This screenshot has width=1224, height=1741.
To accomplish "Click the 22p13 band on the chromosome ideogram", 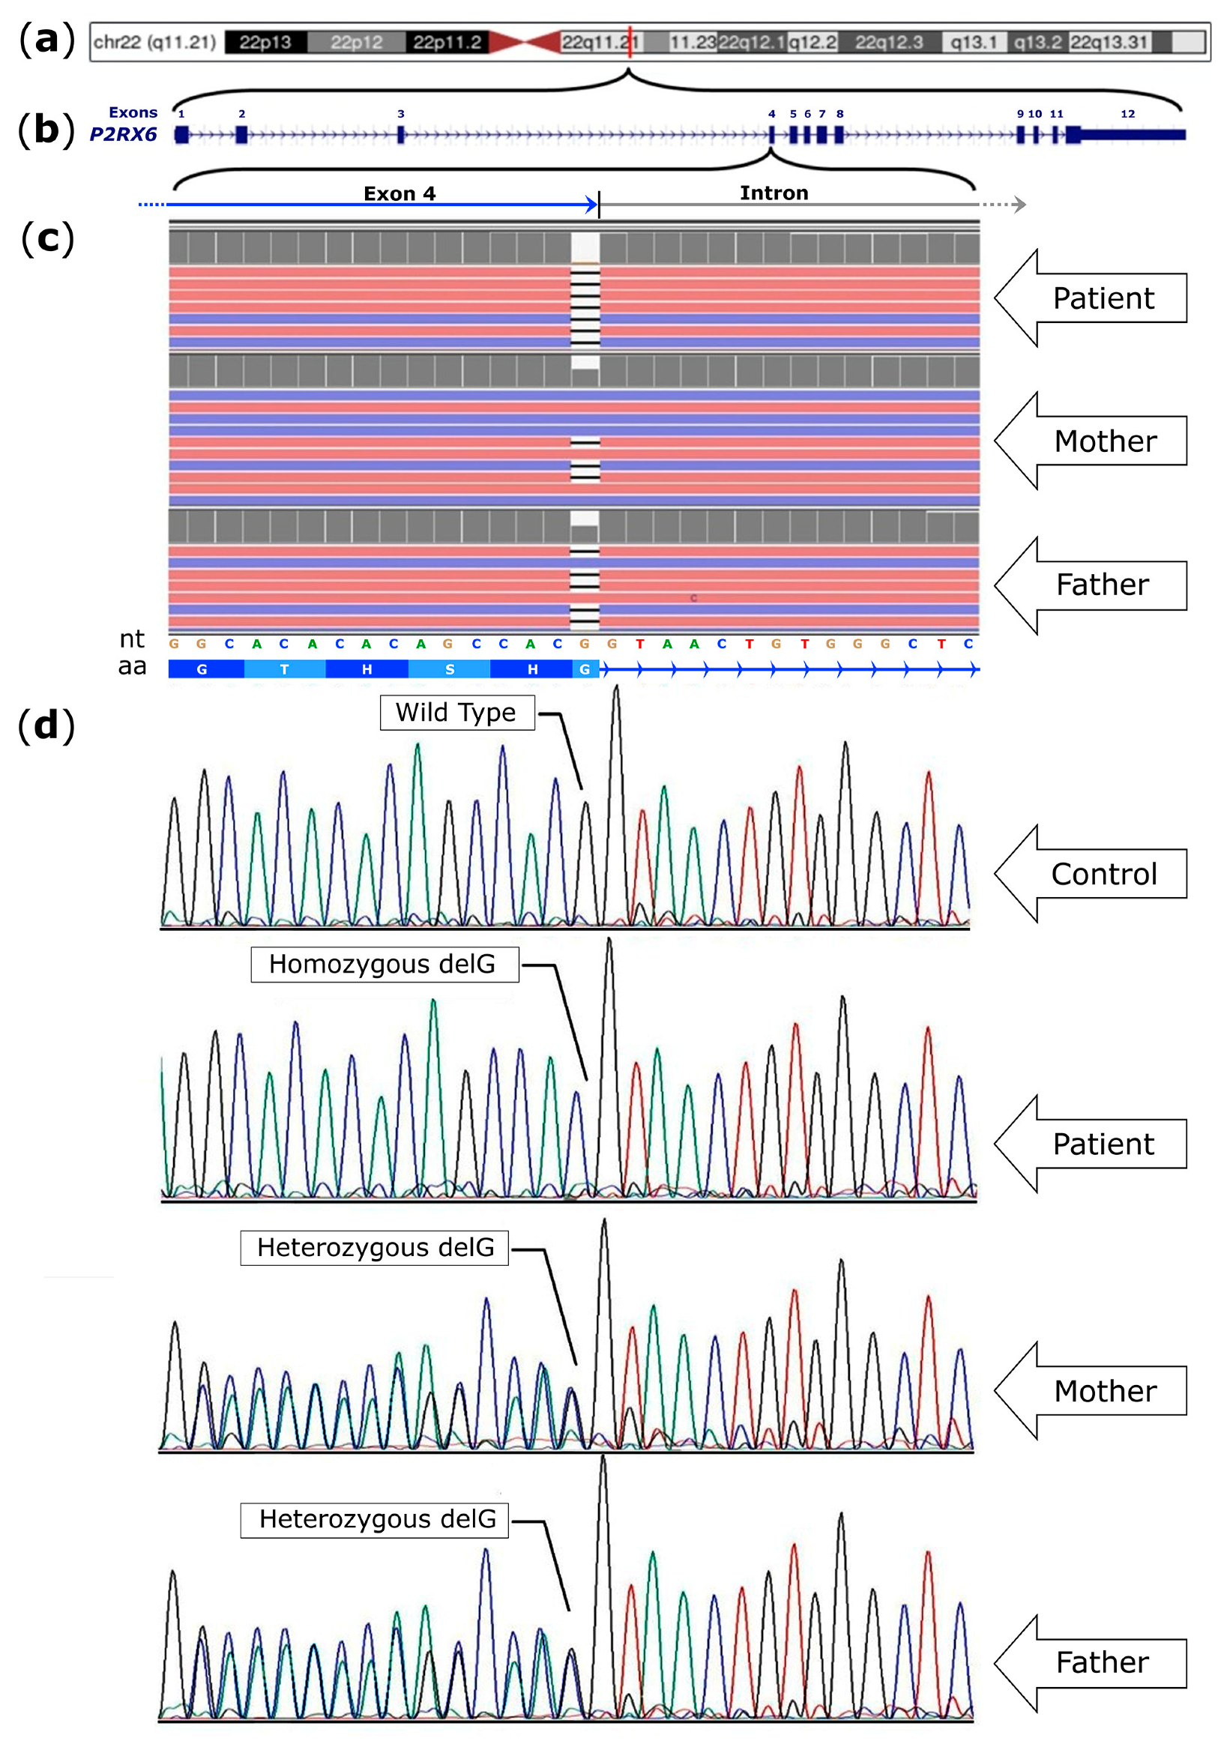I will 265,43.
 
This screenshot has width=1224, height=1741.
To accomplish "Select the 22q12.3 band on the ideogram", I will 888,43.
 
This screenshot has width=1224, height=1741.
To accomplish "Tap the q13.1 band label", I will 973,43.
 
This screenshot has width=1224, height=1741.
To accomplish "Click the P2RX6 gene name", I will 123,134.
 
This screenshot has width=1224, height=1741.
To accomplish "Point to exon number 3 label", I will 400,114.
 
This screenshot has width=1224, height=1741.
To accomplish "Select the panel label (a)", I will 47,40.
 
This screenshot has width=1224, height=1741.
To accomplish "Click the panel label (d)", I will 47,725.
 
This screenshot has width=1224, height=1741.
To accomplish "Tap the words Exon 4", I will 399,193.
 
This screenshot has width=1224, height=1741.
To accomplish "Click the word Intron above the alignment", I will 774,193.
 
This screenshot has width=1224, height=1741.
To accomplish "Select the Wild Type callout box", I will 456,712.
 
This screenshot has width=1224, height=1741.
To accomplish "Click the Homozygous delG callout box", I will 385,964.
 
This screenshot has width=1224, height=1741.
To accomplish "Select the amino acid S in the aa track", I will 450,669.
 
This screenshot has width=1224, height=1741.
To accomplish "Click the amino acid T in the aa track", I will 284,669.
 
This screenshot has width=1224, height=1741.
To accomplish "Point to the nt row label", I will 132,639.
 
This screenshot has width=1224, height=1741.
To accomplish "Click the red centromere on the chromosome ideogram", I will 524,43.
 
